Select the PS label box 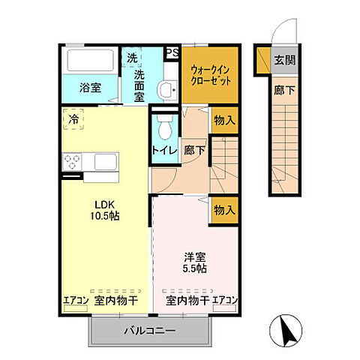click(172, 52)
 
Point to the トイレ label click(163, 150)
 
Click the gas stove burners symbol click(73, 161)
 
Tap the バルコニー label click(149, 330)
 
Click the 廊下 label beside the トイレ click(194, 150)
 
